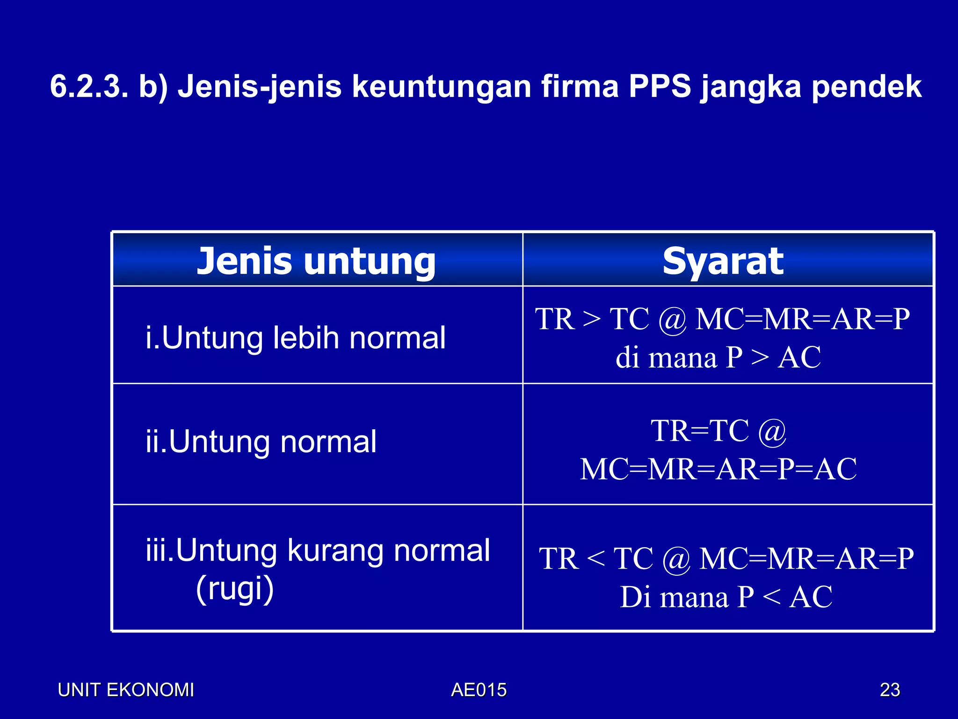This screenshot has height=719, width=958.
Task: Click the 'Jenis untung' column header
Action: (316, 261)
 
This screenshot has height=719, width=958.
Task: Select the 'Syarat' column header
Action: (723, 261)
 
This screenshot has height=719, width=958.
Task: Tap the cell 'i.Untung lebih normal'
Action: (296, 337)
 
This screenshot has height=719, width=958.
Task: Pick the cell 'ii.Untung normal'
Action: (261, 441)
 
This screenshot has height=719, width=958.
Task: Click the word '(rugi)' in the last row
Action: (235, 589)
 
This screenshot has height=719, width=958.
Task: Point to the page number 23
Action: (890, 690)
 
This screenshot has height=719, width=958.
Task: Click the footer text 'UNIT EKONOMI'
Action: (126, 690)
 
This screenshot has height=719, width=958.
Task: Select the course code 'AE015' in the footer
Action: (479, 690)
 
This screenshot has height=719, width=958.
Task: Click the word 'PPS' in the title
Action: (659, 87)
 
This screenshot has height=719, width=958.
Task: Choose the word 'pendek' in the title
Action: (866, 87)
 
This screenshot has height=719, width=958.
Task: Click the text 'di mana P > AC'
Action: (718, 358)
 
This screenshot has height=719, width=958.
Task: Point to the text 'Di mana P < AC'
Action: (726, 597)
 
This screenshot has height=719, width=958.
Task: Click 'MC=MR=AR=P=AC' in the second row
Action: (718, 469)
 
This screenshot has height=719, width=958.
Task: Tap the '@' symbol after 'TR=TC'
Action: (772, 432)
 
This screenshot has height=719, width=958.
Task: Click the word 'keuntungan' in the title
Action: (441, 87)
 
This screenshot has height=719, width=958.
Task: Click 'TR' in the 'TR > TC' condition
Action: (555, 319)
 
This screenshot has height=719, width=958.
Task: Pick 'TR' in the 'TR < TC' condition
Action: (559, 558)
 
